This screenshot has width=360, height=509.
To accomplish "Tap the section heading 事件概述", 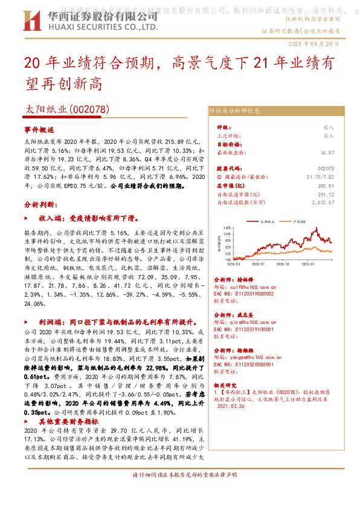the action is [x=39, y=130].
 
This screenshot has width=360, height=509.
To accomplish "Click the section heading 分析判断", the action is [x=39, y=206].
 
